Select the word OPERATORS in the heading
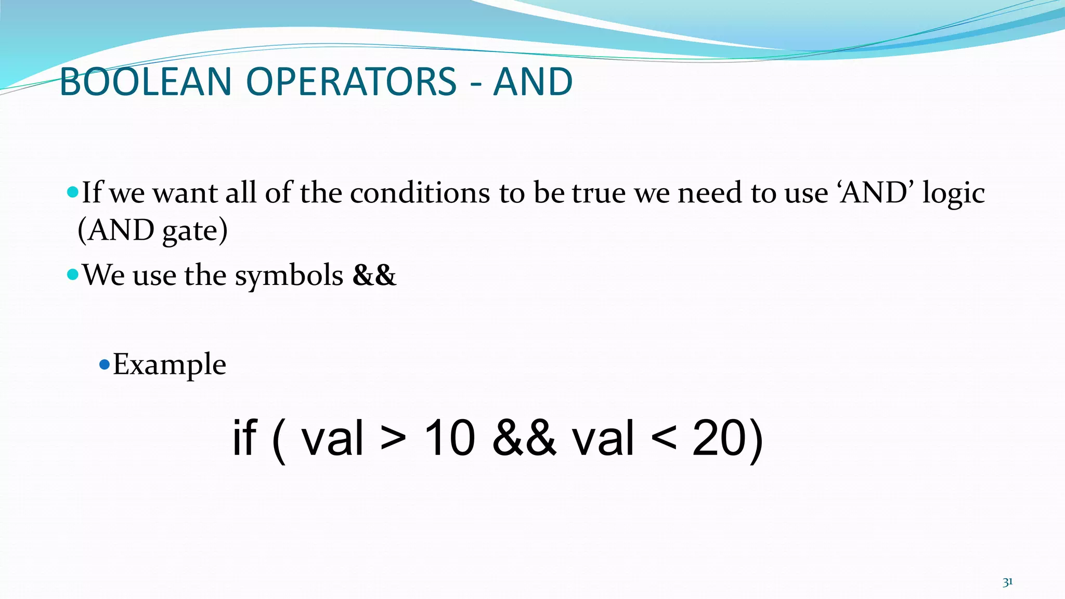click(x=351, y=82)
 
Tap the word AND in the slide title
click(x=532, y=82)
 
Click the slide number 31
click(x=1007, y=582)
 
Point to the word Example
click(x=170, y=364)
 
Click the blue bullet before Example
click(x=104, y=364)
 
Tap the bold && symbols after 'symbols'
click(x=374, y=275)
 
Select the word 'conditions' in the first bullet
click(x=420, y=193)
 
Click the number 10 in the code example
click(x=449, y=438)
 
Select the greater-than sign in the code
click(x=393, y=438)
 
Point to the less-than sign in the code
click(x=664, y=438)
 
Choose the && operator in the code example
click(x=524, y=438)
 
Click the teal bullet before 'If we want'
click(x=73, y=193)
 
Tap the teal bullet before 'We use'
click(x=73, y=275)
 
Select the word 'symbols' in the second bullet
click(x=289, y=276)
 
